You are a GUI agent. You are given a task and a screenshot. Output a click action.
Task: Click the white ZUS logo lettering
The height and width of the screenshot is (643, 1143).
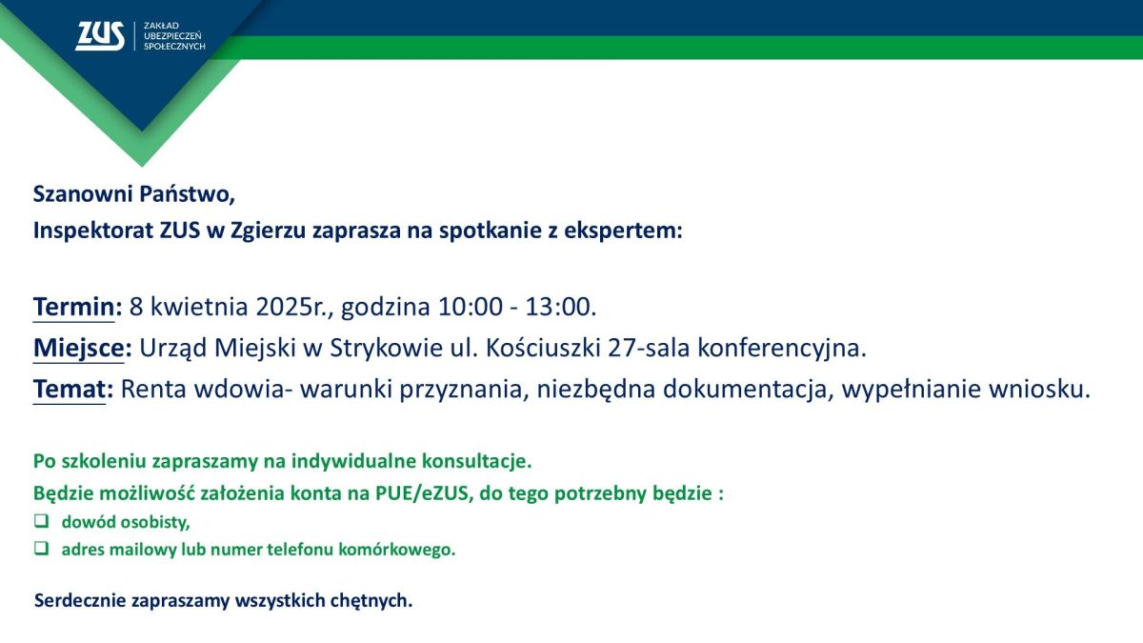(x=100, y=36)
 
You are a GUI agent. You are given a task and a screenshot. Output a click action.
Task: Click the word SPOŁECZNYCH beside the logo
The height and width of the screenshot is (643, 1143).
(x=174, y=47)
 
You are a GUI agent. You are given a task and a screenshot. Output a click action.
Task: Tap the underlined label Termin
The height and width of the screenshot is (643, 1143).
(x=74, y=307)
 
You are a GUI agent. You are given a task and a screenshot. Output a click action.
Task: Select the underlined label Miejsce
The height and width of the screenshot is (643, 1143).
(x=78, y=348)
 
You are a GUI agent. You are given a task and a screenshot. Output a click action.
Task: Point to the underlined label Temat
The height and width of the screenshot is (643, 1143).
(x=70, y=390)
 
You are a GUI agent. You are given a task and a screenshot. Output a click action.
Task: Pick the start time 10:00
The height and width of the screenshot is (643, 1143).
(x=470, y=307)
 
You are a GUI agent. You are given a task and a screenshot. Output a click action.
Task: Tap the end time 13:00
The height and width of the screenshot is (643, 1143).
(x=561, y=307)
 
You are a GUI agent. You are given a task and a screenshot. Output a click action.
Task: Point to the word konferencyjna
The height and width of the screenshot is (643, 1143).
(x=782, y=349)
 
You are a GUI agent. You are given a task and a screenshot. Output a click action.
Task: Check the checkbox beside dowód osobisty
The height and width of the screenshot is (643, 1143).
(x=41, y=520)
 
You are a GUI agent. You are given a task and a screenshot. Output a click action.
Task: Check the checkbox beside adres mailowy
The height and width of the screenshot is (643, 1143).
(x=41, y=548)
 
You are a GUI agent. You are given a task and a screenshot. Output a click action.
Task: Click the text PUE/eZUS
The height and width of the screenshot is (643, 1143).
(x=421, y=493)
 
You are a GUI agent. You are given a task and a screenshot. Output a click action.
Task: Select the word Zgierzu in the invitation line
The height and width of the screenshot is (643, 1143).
(x=268, y=231)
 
